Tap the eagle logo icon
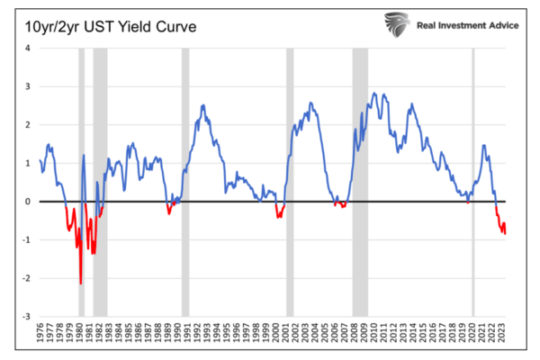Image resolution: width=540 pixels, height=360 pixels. [x=397, y=23]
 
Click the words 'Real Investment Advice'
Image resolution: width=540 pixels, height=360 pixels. [x=467, y=24]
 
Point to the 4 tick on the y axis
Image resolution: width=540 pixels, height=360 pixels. [x=29, y=48]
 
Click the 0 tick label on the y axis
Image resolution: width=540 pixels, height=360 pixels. [x=29, y=202]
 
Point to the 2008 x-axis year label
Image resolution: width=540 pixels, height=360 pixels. [x=355, y=338]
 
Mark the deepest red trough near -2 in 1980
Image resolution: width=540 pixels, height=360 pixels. [x=80, y=283]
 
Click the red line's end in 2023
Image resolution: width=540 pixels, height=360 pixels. [x=505, y=233]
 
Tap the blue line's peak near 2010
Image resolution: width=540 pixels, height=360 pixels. [x=373, y=94]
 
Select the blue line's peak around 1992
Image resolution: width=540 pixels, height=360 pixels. [x=204, y=105]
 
